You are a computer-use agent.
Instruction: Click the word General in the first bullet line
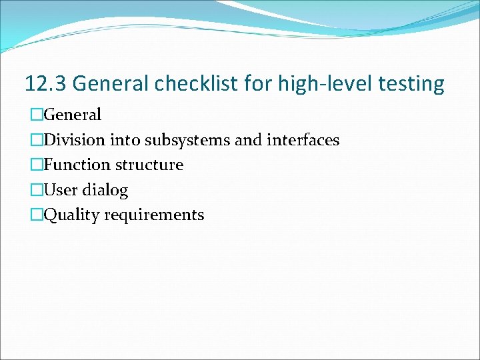pyautogui.click(x=72, y=115)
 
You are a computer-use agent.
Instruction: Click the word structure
pyautogui.click(x=149, y=165)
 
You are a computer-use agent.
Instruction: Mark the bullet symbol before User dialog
pyautogui.click(x=37, y=190)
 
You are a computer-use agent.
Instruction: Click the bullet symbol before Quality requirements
pyautogui.click(x=37, y=215)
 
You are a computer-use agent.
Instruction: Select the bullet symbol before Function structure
pyautogui.click(x=37, y=165)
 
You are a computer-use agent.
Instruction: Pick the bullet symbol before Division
pyautogui.click(x=37, y=140)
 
